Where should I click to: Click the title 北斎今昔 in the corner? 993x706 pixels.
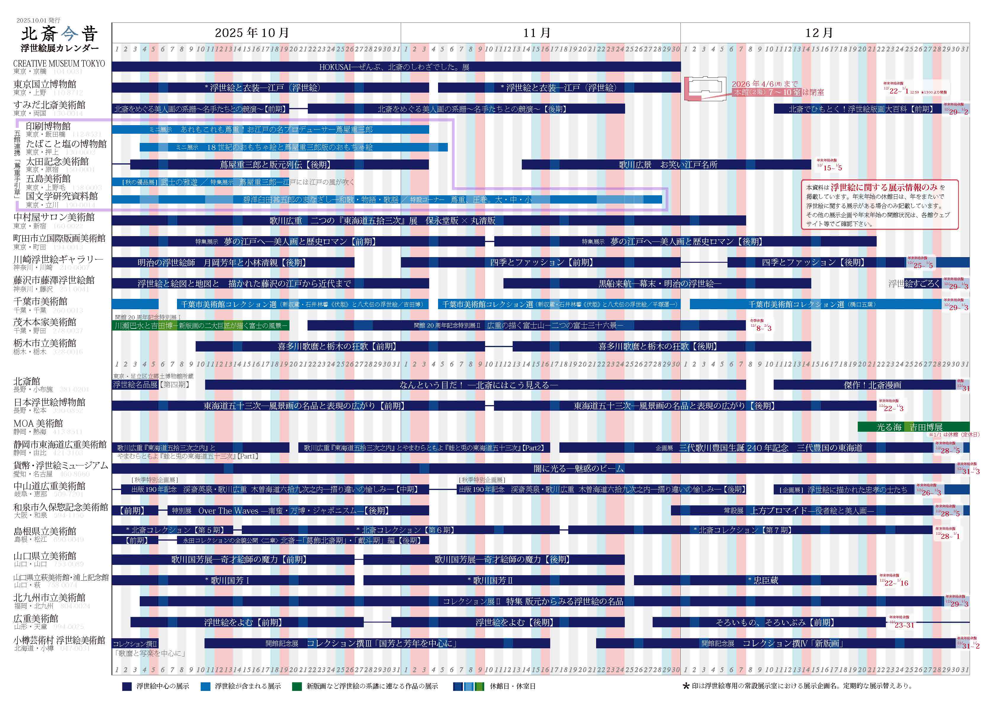[59, 33]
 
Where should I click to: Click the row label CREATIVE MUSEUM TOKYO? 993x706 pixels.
[59, 64]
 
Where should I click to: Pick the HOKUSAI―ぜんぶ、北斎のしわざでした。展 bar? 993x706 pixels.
[394, 67]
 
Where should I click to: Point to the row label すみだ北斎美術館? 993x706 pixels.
[49, 105]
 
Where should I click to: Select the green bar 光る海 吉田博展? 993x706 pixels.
[913, 427]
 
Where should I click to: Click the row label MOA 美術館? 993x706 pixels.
[38, 423]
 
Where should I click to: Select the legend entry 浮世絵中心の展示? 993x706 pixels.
[157, 686]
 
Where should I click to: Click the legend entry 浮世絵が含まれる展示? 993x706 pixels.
[241, 686]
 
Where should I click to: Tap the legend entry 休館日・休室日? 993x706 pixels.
[496, 686]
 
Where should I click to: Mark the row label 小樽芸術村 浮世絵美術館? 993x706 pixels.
[59, 640]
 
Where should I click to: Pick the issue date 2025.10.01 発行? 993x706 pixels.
[38, 20]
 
